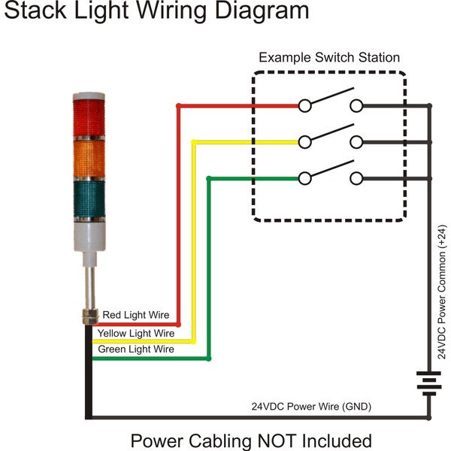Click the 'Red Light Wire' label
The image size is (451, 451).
[136, 315]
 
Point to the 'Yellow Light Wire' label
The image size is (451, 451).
[136, 333]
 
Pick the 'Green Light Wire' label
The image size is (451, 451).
[136, 350]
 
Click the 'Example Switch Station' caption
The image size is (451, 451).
[329, 58]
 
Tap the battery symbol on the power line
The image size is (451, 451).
[429, 384]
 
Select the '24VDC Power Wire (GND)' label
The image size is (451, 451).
[311, 407]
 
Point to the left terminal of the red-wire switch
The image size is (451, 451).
[305, 106]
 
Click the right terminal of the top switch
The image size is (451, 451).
[357, 106]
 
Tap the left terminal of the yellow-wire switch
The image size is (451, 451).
[305, 141]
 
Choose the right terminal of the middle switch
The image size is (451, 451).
[357, 141]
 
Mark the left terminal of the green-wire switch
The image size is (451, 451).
[305, 178]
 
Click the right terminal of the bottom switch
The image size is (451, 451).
[357, 178]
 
